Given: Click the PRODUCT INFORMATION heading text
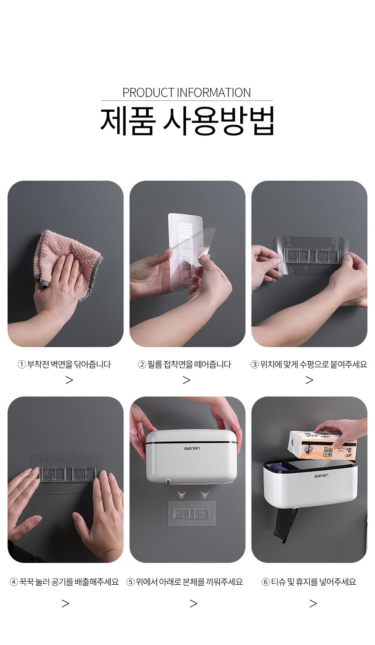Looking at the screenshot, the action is click(x=187, y=93).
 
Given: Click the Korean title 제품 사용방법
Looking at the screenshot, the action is click(x=187, y=121).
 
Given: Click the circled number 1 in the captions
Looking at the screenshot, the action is click(x=22, y=365).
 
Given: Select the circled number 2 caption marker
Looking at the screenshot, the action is click(x=142, y=365).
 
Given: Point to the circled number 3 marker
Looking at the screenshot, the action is click(x=255, y=365).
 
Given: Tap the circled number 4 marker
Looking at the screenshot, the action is click(x=14, y=582).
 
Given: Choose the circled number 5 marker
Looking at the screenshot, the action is click(x=130, y=582).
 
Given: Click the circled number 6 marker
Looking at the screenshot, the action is click(x=266, y=582).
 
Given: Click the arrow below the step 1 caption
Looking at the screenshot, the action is click(x=69, y=380).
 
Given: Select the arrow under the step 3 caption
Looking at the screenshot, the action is click(x=310, y=380).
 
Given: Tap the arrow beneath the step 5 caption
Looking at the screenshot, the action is click(x=194, y=603).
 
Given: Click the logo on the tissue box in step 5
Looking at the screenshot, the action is click(x=192, y=448).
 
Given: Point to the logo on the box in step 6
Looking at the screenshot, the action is click(x=321, y=476).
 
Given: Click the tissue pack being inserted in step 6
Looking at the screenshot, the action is click(x=323, y=445).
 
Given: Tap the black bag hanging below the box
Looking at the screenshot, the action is click(x=285, y=526).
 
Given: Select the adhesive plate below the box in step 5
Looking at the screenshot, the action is click(x=192, y=514).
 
